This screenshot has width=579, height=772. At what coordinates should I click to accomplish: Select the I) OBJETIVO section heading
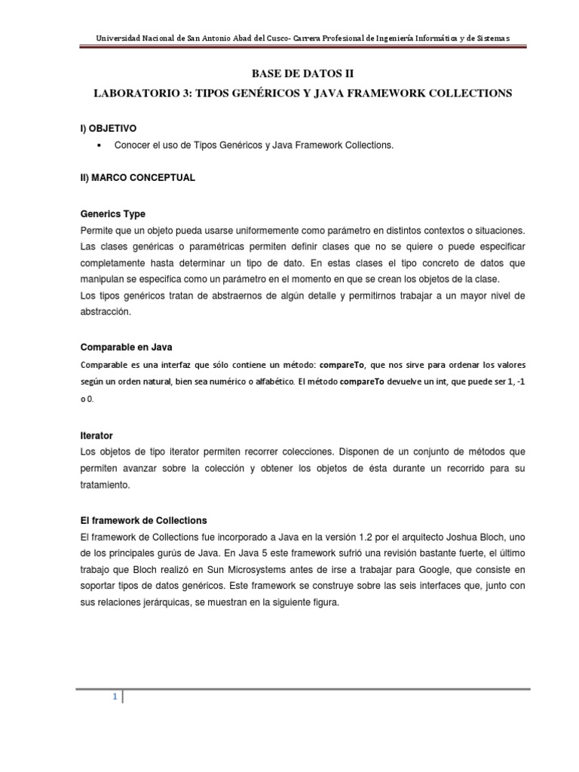pos(109,129)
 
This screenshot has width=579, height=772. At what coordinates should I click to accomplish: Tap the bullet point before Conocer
pos(100,145)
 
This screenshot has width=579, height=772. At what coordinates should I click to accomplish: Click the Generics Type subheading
pos(112,213)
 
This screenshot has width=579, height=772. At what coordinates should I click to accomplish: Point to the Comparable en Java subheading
pos(126,347)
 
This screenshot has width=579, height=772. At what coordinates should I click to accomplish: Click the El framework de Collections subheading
pos(142,520)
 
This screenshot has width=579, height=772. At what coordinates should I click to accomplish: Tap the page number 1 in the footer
pos(115,697)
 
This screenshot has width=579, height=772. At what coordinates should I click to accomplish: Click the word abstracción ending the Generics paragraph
pos(105,311)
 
